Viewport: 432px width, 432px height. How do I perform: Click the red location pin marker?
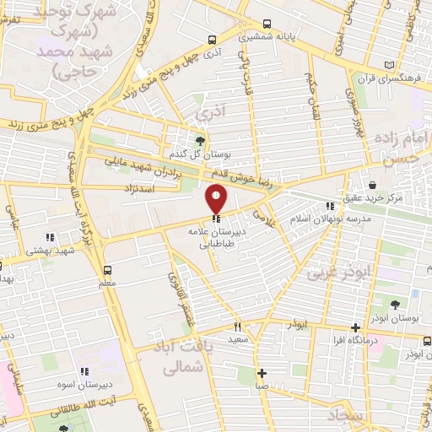(217, 198)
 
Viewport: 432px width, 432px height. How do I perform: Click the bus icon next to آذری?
(211, 40)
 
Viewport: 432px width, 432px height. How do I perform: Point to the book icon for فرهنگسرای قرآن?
(388, 65)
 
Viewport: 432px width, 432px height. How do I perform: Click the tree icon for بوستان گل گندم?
(200, 141)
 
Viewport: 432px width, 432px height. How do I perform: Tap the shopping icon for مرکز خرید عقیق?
(372, 185)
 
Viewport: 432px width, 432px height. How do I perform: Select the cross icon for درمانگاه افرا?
(355, 327)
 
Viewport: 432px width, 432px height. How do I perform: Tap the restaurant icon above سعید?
(238, 327)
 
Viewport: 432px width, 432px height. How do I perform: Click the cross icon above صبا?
(262, 373)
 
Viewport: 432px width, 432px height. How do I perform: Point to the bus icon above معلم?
(107, 270)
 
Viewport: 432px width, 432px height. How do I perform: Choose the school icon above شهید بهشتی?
(51, 237)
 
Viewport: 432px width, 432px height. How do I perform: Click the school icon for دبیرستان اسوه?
(82, 370)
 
